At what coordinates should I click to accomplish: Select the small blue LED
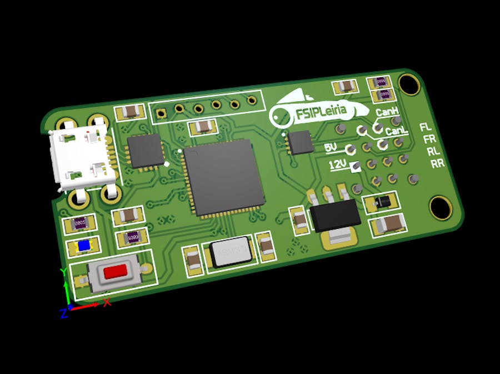point(84,246)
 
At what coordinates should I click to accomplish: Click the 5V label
point(331,148)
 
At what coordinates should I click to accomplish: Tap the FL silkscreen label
point(426,127)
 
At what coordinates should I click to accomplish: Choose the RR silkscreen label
point(437,163)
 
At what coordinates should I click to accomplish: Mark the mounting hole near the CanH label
point(409,83)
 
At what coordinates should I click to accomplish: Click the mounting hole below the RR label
point(441,207)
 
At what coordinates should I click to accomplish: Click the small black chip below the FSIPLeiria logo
point(301,142)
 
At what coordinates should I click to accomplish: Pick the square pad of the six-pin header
point(161,113)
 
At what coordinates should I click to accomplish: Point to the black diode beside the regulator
point(380,202)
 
